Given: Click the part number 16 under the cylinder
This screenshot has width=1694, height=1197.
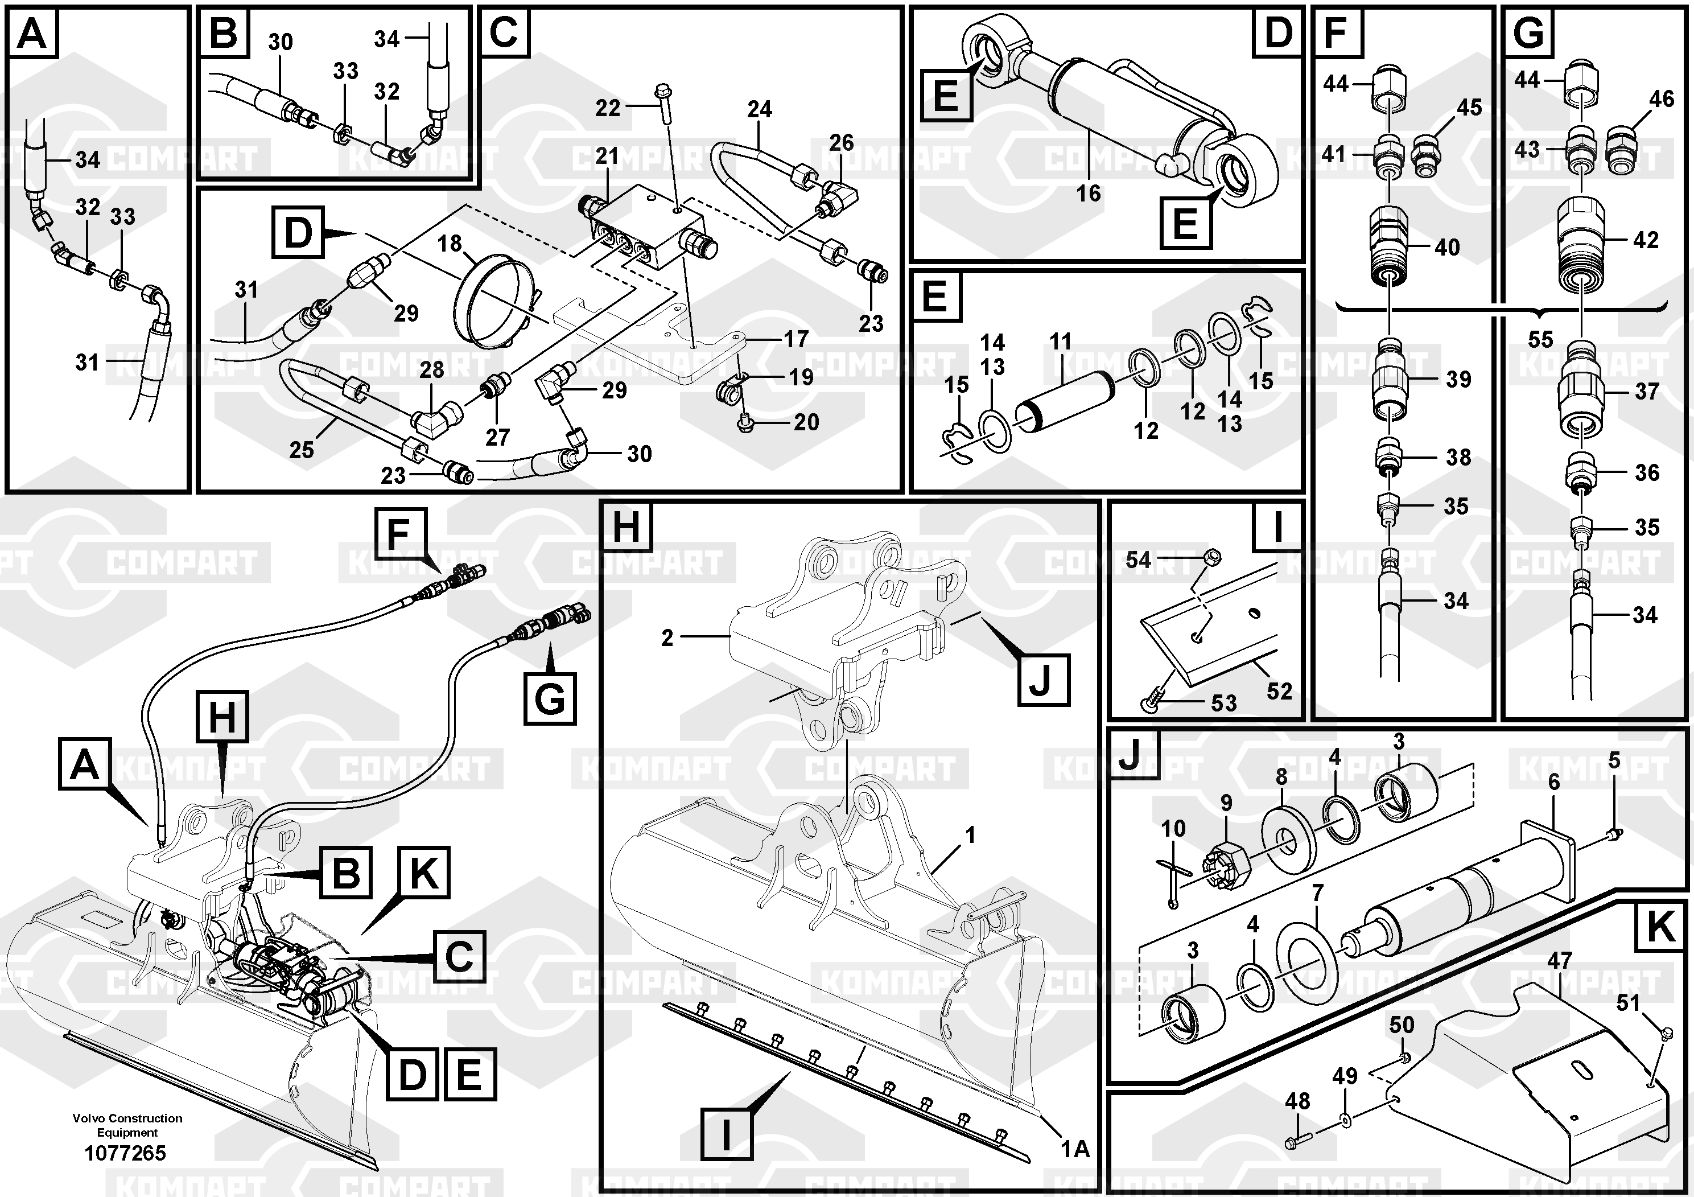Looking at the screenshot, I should [x=1088, y=194].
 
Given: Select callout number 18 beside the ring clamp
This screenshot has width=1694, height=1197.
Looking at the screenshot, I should [x=450, y=243].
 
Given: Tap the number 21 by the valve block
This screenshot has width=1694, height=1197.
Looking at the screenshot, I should [x=607, y=156].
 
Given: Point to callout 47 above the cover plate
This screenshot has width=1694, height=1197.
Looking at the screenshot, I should [x=1559, y=960].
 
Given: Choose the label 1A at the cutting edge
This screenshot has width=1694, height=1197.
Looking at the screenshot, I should [x=1075, y=1149].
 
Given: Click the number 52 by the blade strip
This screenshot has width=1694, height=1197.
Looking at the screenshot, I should [x=1279, y=692].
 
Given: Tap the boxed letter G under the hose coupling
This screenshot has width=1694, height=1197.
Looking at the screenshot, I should [x=550, y=698].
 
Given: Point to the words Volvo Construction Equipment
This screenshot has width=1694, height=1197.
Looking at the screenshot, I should [x=127, y=1125].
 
